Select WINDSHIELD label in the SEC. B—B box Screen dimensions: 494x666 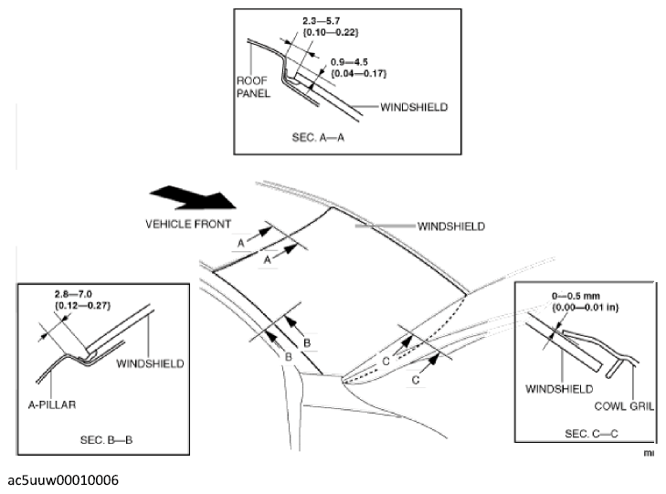(x=151, y=363)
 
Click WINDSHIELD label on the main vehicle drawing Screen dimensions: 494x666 (x=451, y=226)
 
